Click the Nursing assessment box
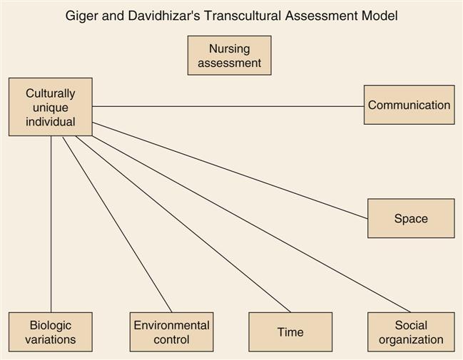[229, 56]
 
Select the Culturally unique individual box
[50, 107]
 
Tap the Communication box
[409, 105]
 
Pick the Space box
[411, 218]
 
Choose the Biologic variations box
[50, 332]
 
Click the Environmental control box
[171, 332]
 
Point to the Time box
[290, 332]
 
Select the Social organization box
[411, 332]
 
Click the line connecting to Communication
[228, 106]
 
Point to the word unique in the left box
[50, 107]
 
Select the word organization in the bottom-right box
[411, 340]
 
